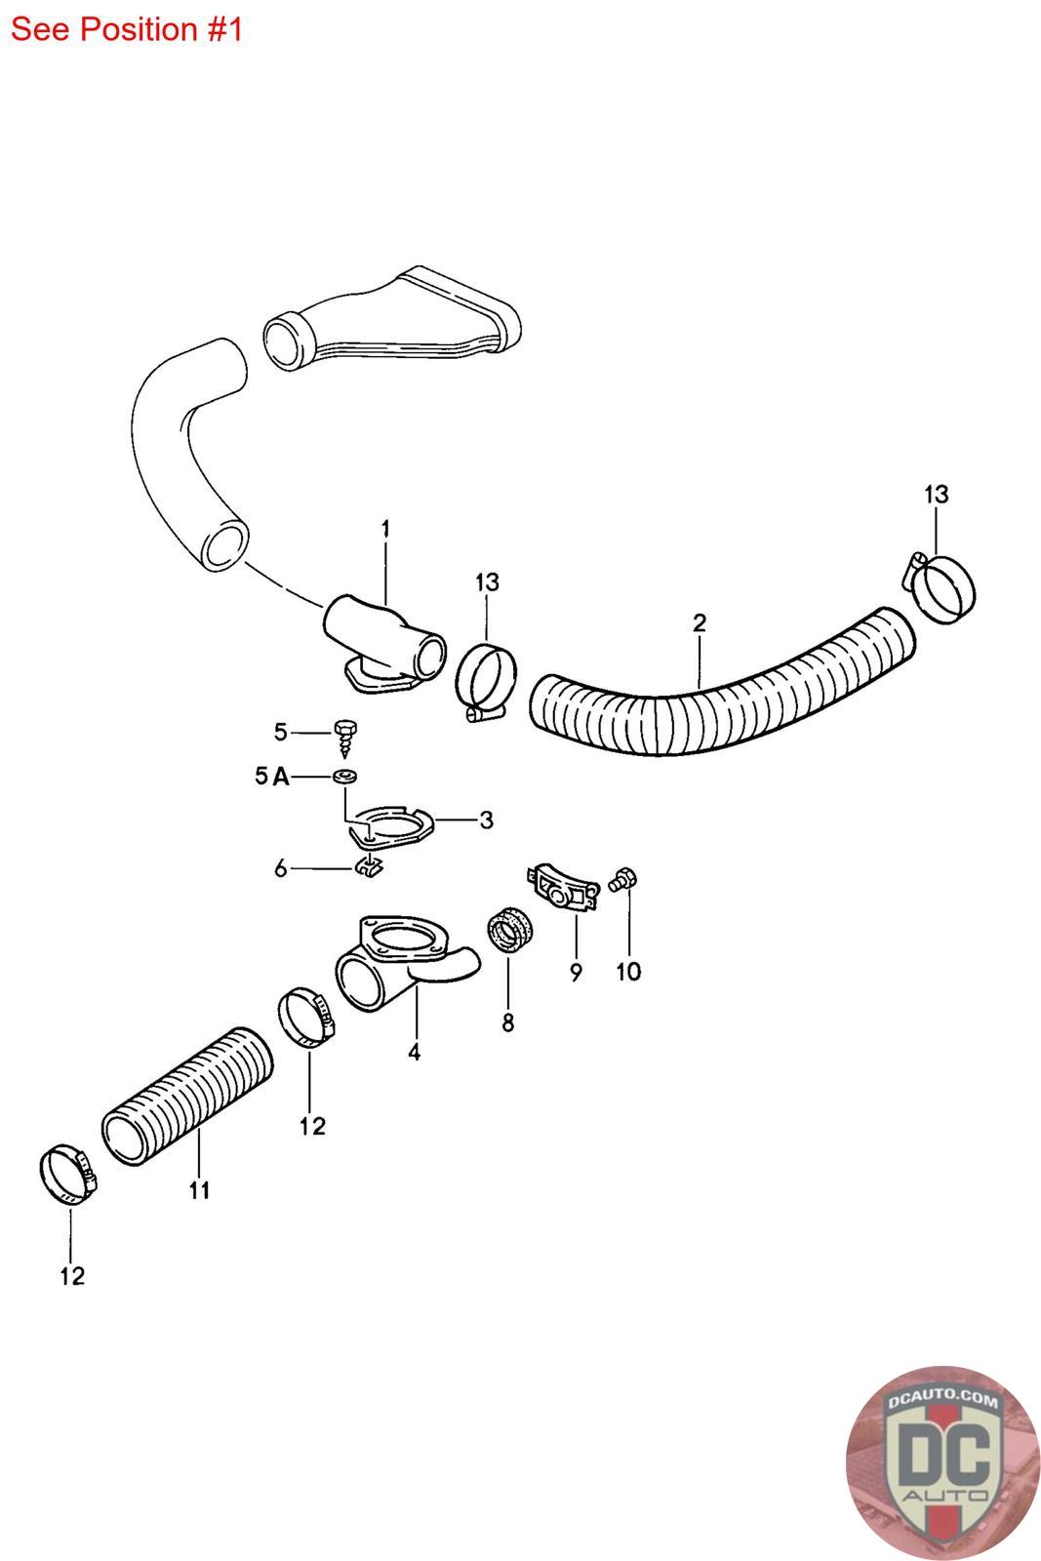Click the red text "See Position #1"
click(x=126, y=30)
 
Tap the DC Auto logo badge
click(x=941, y=1463)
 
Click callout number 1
click(x=385, y=529)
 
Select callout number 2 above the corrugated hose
click(x=699, y=622)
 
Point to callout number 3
click(x=486, y=821)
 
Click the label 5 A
click(x=271, y=777)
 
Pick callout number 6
click(x=281, y=867)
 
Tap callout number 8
click(x=507, y=1022)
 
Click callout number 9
click(x=576, y=972)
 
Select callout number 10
click(x=629, y=972)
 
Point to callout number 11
click(x=199, y=1190)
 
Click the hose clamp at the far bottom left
click(x=69, y=1175)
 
